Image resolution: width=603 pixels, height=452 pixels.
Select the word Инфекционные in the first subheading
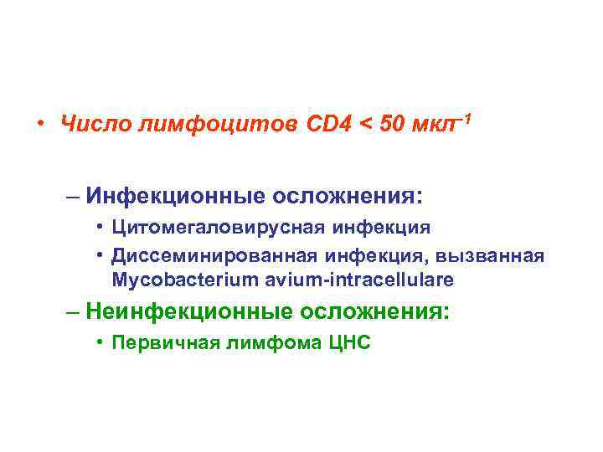[x=173, y=198]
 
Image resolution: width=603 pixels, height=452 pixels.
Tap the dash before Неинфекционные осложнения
[x=75, y=312]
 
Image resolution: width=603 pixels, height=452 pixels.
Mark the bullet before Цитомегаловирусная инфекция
[x=100, y=227]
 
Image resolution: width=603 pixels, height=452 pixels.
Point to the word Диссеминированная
[x=200, y=254]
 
